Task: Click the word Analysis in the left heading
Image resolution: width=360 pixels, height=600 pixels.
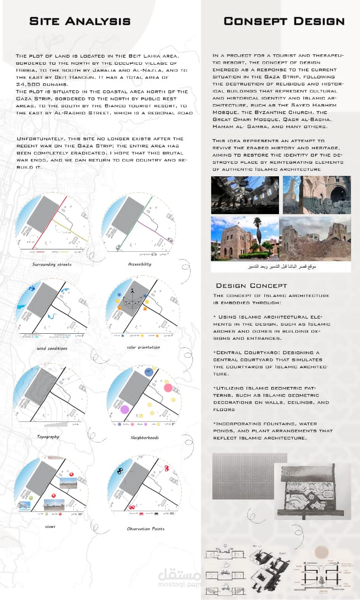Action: point(98,21)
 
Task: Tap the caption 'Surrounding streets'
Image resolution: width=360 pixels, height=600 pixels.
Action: point(52,264)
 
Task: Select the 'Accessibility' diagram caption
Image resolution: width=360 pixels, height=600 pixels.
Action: point(139,264)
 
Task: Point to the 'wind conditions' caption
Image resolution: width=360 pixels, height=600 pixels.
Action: point(52,348)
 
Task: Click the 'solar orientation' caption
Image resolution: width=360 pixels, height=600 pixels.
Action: point(143,347)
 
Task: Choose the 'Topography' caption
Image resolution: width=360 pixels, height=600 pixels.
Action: point(48,436)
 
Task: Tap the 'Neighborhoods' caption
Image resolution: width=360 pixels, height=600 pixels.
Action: point(144,438)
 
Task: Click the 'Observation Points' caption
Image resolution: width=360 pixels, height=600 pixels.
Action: point(145,529)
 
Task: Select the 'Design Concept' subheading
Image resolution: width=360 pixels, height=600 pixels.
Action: point(251,286)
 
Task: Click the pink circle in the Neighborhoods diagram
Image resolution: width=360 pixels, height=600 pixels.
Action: point(168,388)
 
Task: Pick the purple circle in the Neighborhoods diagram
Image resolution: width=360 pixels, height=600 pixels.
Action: point(124,409)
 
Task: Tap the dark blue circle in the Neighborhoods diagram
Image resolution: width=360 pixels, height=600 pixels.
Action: point(149,372)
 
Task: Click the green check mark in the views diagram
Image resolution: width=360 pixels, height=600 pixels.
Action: point(31,498)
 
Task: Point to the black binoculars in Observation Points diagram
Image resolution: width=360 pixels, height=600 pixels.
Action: point(120,471)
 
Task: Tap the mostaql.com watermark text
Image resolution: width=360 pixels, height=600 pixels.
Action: point(179,584)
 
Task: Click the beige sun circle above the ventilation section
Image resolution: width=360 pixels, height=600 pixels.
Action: point(321,552)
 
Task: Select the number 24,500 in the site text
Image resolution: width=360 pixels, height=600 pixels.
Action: point(28,84)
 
